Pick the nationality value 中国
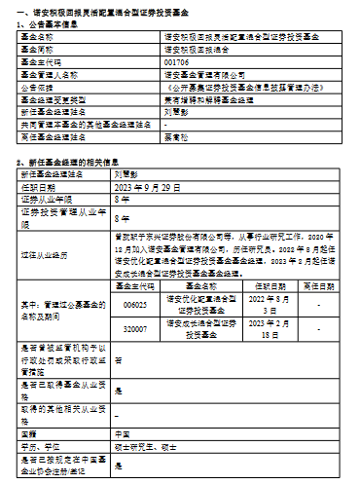(x=123, y=433)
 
